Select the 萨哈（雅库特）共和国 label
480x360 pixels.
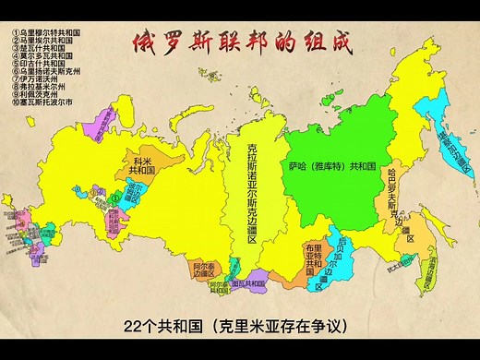[x=330, y=167]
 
